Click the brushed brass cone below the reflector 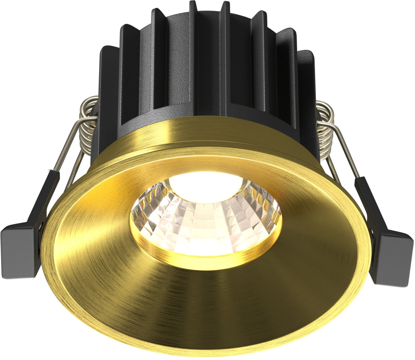click(x=207, y=299)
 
